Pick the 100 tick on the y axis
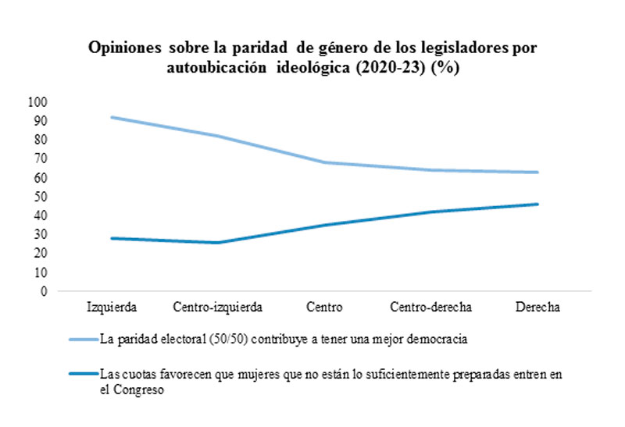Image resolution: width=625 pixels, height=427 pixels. tap(37, 102)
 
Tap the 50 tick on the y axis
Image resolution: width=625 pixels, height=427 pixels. tap(41, 197)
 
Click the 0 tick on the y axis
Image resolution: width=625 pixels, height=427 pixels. tap(44, 291)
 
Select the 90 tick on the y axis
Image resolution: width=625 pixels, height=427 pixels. tap(41, 121)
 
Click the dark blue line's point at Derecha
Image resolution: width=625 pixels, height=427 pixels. tap(538, 205)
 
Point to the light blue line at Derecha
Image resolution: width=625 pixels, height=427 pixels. tap(538, 173)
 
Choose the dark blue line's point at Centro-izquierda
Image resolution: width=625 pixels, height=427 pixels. tap(218, 243)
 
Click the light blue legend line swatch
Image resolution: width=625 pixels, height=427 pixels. tap(82, 340)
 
